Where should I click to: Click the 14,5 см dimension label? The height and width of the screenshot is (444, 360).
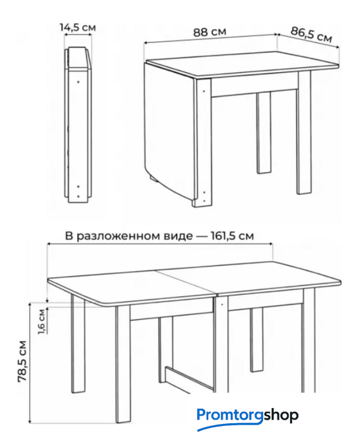(78, 28)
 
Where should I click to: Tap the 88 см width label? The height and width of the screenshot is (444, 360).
(209, 32)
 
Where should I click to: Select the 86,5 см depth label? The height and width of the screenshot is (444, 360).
(311, 35)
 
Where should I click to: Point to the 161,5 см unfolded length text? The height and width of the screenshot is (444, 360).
(232, 236)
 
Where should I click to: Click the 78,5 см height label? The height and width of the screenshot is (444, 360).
(22, 361)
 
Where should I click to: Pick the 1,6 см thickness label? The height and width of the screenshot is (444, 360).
(42, 322)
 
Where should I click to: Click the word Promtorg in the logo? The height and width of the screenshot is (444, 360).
(230, 416)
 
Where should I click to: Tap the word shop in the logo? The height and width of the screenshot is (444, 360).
(281, 415)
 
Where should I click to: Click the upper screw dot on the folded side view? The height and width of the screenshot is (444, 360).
(78, 82)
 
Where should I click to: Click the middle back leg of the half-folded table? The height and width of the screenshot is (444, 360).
(264, 133)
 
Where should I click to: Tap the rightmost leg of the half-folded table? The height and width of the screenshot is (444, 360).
(304, 133)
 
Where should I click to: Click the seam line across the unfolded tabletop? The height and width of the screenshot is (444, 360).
(186, 282)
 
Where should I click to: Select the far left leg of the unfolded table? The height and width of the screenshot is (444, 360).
(78, 343)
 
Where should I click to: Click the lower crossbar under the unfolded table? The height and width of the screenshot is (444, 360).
(189, 379)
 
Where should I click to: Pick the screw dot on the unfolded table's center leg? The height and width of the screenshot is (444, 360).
(222, 305)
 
